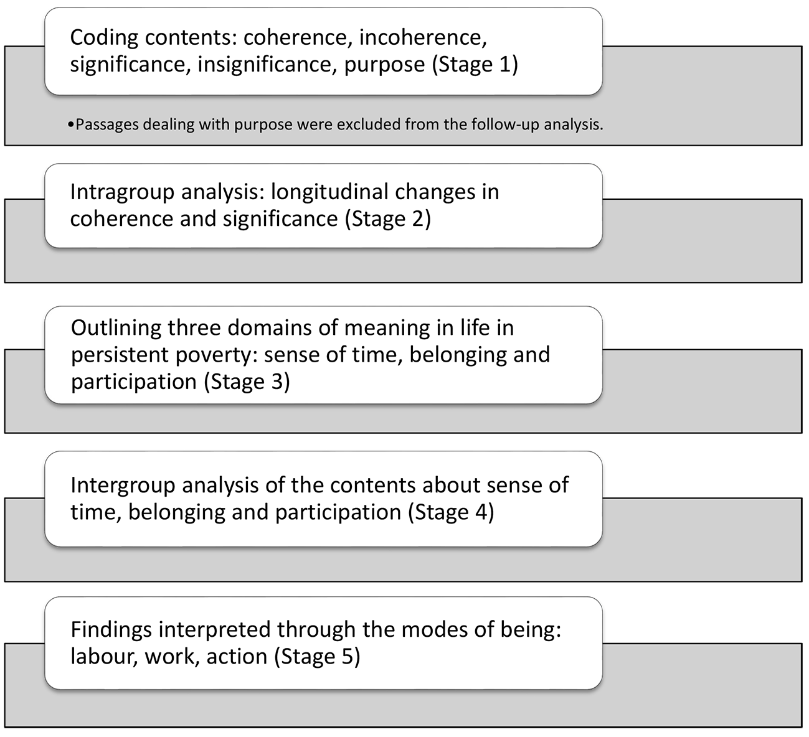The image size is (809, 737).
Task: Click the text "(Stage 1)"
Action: (475, 65)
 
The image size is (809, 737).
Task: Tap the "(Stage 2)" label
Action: (388, 219)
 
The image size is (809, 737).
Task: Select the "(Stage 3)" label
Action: (247, 382)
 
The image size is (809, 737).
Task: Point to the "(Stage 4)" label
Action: (451, 512)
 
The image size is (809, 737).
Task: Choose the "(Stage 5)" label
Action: (317, 656)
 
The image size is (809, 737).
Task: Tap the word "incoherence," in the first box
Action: (423, 37)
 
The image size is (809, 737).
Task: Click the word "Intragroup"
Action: (122, 192)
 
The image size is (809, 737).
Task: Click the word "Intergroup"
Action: (123, 486)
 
